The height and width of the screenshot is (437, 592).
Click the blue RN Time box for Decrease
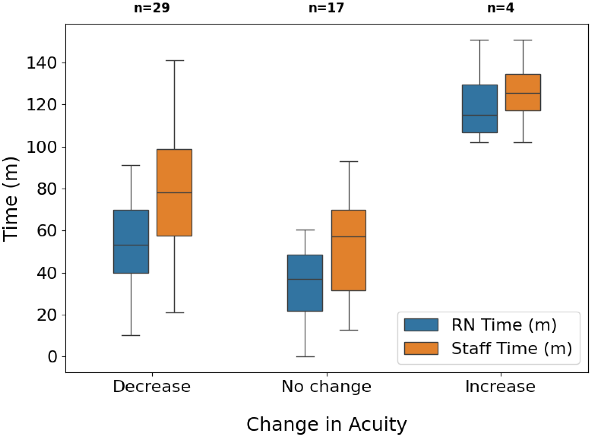(x=131, y=241)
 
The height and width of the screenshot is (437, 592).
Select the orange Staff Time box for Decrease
(x=174, y=192)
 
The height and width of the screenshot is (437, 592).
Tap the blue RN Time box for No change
(x=305, y=283)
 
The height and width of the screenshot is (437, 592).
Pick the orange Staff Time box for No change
(x=349, y=250)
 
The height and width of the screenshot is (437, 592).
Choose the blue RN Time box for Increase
(x=480, y=109)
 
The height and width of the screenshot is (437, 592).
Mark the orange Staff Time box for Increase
(x=523, y=92)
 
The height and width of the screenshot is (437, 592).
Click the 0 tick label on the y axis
(x=53, y=357)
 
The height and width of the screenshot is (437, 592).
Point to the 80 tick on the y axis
(x=63, y=189)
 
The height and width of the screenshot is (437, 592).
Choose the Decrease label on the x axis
(x=152, y=387)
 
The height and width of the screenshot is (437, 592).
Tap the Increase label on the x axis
(x=500, y=387)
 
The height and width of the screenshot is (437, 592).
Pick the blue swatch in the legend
(x=421, y=325)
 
